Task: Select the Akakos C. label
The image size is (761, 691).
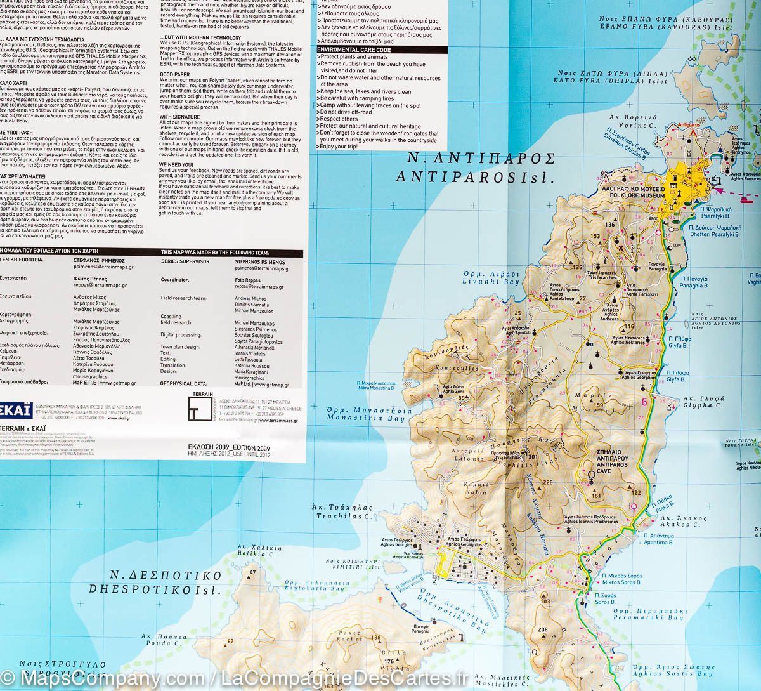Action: pos(683,525)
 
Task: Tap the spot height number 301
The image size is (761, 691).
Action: pos(531,457)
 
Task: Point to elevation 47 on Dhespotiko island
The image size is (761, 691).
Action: pos(252,573)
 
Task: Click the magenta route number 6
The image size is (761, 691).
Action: pos(644,401)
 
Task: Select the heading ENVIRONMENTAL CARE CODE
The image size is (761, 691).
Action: pos(354,49)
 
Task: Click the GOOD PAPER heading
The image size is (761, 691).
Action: pos(174,74)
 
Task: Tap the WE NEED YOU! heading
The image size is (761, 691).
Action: pos(177,164)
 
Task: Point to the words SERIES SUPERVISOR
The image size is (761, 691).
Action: pos(185,261)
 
